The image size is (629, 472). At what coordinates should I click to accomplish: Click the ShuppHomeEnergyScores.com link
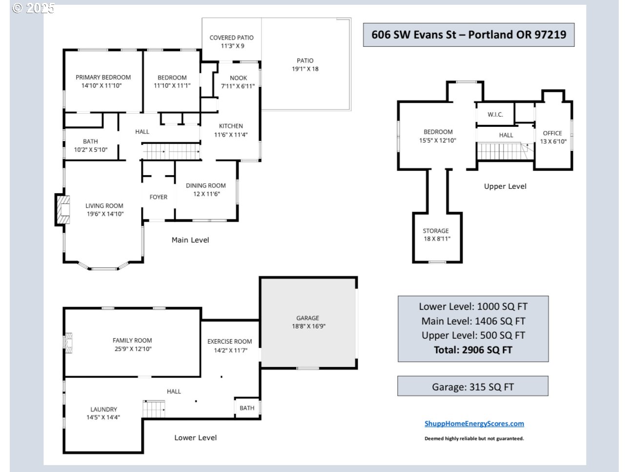pos(474,424)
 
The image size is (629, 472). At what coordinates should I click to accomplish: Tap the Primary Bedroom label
pos(103,78)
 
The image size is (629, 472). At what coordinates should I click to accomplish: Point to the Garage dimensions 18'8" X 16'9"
pos(308,326)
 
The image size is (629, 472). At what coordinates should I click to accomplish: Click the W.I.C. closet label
pos(495,115)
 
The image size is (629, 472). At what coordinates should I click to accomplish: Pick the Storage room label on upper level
pos(436,231)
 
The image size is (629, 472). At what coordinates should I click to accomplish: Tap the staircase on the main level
pos(171,152)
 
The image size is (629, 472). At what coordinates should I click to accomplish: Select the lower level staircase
pos(154,409)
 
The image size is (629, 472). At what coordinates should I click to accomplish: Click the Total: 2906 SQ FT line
pos(473,350)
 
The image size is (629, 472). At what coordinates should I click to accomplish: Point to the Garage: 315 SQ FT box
pos(473,386)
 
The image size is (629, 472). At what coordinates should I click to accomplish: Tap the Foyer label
pos(159,197)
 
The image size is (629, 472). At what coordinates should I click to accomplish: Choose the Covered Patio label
pos(231,38)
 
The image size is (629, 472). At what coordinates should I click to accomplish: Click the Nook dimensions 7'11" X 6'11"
pos(238,86)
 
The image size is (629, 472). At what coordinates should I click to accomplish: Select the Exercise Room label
pos(230,342)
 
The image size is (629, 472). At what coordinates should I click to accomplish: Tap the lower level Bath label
pos(247,408)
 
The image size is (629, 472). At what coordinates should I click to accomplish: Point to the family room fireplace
pos(68,343)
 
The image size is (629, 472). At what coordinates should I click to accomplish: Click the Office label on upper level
pos(552,133)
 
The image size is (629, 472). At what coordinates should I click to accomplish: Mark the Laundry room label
pos(104,409)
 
